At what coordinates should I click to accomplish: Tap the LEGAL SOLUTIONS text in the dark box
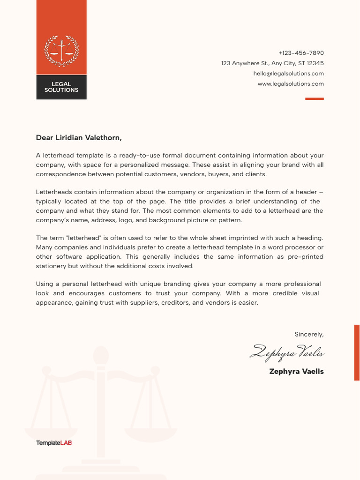(x=61, y=87)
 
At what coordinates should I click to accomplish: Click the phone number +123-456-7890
(x=301, y=53)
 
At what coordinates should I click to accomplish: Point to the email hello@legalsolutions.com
(x=288, y=74)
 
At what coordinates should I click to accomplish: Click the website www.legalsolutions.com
(x=291, y=84)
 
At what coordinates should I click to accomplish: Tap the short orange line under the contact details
(x=315, y=99)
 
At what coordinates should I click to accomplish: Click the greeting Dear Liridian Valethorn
(x=79, y=138)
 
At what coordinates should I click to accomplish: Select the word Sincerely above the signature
(x=308, y=334)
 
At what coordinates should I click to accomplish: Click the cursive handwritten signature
(x=287, y=352)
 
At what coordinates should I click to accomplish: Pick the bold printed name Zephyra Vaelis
(x=296, y=371)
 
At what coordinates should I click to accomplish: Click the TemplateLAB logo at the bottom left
(x=54, y=443)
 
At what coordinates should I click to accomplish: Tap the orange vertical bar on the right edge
(x=357, y=352)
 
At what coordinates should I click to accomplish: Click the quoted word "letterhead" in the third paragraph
(x=77, y=238)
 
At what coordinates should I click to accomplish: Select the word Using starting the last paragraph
(x=45, y=284)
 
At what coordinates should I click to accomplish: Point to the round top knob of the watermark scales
(x=101, y=355)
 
